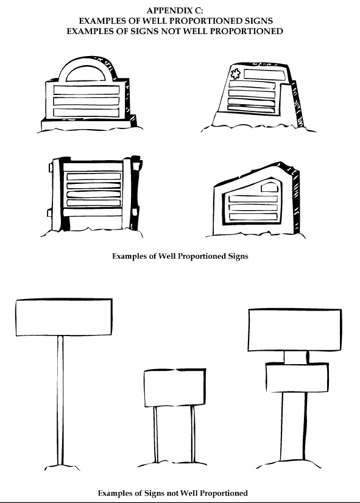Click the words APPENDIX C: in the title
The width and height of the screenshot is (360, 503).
tap(175, 10)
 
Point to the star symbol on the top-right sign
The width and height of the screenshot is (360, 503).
tap(236, 74)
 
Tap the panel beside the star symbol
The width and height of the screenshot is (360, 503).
tap(264, 74)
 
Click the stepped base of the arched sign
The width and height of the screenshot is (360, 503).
tap(88, 123)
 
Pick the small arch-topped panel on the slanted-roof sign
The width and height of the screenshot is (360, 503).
tap(269, 187)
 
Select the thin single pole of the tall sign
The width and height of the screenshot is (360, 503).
tap(60, 400)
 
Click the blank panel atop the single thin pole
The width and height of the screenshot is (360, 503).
tap(64, 317)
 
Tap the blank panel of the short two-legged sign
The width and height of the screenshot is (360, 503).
tap(175, 388)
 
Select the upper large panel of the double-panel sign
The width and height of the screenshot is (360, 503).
tap(295, 330)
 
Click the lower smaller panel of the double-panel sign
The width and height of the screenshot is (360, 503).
tap(297, 378)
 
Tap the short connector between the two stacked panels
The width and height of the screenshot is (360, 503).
tap(296, 357)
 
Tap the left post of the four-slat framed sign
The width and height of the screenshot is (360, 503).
tap(57, 194)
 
